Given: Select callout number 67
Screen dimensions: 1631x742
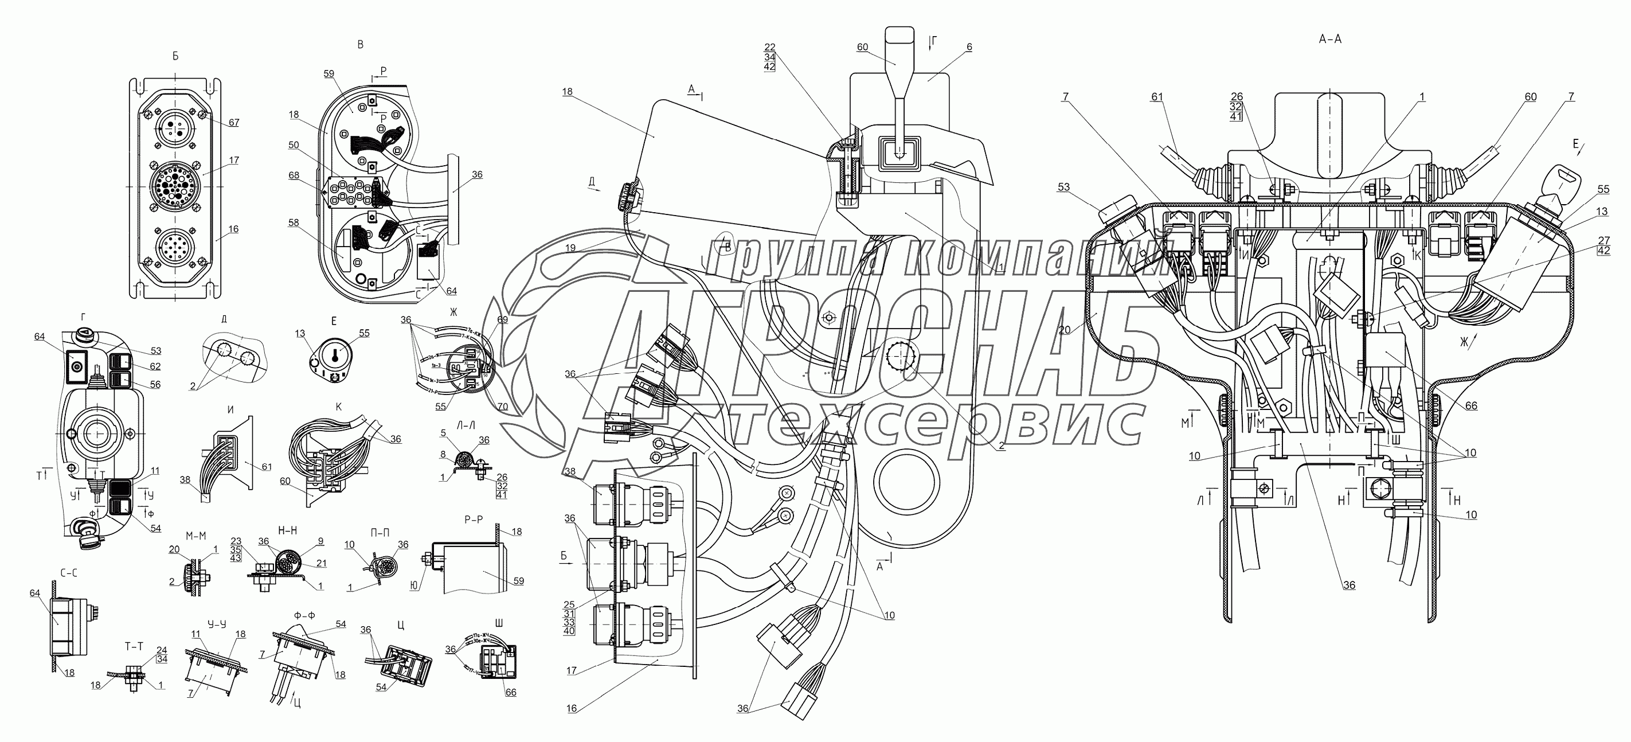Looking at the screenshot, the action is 234,122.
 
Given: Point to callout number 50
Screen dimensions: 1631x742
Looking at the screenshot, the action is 293,145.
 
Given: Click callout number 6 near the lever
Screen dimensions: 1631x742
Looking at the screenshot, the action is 969,47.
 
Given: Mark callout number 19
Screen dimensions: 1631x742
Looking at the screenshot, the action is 570,249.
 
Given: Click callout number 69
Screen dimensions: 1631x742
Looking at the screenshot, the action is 502,321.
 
